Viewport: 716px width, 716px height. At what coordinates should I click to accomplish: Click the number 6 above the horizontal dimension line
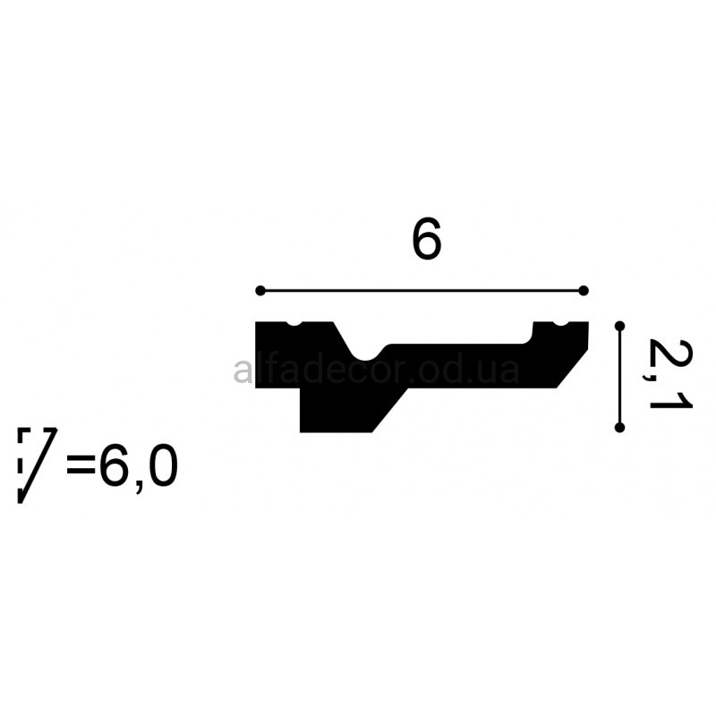(427, 238)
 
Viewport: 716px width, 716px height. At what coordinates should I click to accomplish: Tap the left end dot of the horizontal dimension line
(260, 290)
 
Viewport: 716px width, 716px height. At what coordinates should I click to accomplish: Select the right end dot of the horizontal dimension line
(584, 290)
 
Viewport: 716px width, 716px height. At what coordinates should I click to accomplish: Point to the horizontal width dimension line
(422, 290)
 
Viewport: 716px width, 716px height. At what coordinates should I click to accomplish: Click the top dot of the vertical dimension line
(619, 326)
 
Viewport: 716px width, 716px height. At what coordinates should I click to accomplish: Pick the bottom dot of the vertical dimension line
(619, 428)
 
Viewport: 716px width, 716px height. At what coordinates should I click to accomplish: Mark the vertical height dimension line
(619, 377)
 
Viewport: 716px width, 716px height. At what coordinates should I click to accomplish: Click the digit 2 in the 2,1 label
(670, 354)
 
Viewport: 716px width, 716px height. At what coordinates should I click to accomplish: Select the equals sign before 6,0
(81, 465)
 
